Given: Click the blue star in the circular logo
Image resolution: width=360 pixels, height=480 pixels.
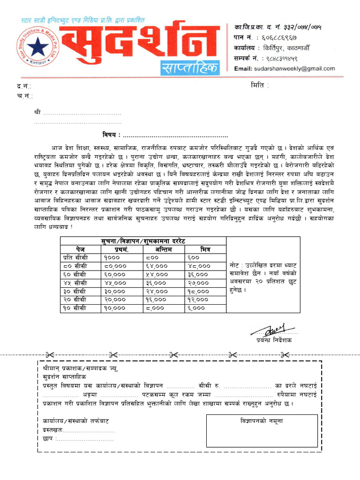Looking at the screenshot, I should tap(36, 46).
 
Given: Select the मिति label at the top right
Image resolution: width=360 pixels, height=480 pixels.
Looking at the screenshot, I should tap(260, 86).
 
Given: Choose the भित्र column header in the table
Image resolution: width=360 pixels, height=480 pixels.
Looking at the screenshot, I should tap(205, 249).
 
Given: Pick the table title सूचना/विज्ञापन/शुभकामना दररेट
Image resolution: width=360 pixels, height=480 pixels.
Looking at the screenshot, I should tap(143, 240).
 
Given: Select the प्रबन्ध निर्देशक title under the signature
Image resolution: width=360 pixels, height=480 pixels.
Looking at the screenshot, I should tap(273, 340).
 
